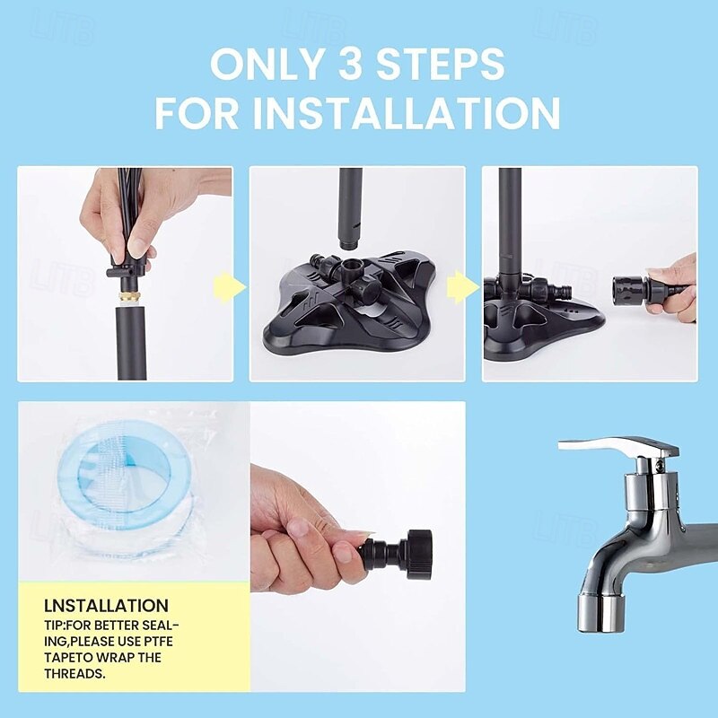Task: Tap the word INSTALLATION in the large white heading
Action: pos(407,113)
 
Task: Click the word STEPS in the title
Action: pos(441,64)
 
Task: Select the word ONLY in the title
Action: pos(270,64)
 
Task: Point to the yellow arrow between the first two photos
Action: pos(230,286)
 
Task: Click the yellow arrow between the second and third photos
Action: pos(462,286)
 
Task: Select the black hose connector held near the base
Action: pos(632,288)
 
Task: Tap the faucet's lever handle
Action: pos(619,448)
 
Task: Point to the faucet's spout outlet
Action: pos(600,613)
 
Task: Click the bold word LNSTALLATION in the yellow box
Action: pos(106,605)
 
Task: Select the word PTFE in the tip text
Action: pos(157,642)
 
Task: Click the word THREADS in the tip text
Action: pos(74,674)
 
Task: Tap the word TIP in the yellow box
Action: pos(55,626)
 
